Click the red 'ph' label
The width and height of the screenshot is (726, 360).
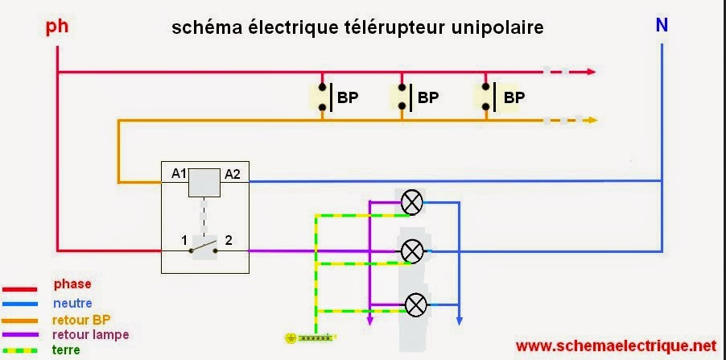(57, 26)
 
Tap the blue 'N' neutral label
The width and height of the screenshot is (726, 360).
(662, 26)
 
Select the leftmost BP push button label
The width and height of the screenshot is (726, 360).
(348, 97)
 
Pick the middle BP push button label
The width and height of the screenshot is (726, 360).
(428, 97)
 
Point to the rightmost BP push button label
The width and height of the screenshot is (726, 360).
(514, 97)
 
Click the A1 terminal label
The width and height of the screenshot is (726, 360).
(179, 174)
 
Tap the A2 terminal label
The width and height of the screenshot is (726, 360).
(233, 174)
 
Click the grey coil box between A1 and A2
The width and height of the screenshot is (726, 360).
(204, 183)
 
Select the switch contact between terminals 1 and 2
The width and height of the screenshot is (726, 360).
(204, 248)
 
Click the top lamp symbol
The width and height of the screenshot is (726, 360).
(411, 202)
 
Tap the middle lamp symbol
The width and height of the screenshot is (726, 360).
(411, 251)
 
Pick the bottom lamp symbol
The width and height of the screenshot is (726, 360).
(416, 305)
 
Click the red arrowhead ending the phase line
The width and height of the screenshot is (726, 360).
(592, 72)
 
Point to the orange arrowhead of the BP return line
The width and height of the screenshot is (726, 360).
(592, 121)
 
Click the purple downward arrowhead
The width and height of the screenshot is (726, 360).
(369, 321)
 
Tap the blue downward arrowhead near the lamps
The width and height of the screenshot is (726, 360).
(459, 321)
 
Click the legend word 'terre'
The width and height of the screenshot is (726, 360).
(66, 350)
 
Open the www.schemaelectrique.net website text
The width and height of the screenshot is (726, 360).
(616, 346)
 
